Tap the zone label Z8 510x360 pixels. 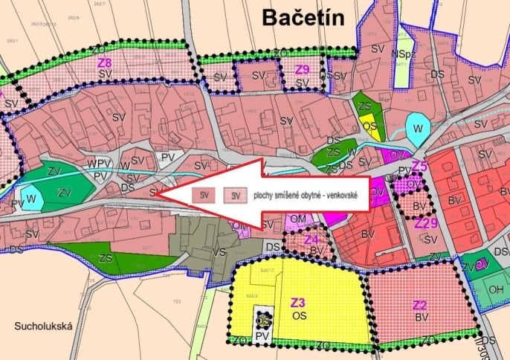[x=105, y=63]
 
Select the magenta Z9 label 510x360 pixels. [x=302, y=69]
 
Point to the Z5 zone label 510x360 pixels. [x=419, y=167]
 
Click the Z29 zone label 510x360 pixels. [x=426, y=222]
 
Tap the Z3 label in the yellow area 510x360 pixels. [x=298, y=303]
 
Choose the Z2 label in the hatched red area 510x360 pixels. [x=419, y=304]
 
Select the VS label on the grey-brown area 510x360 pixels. [x=219, y=252]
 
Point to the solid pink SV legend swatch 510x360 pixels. [x=201, y=195]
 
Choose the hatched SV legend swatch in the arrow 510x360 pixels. [x=235, y=195]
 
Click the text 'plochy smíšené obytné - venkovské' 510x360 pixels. [x=305, y=195]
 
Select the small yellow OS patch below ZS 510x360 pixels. [x=369, y=126]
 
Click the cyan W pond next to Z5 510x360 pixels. [x=416, y=124]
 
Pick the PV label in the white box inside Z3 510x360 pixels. [x=261, y=335]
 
